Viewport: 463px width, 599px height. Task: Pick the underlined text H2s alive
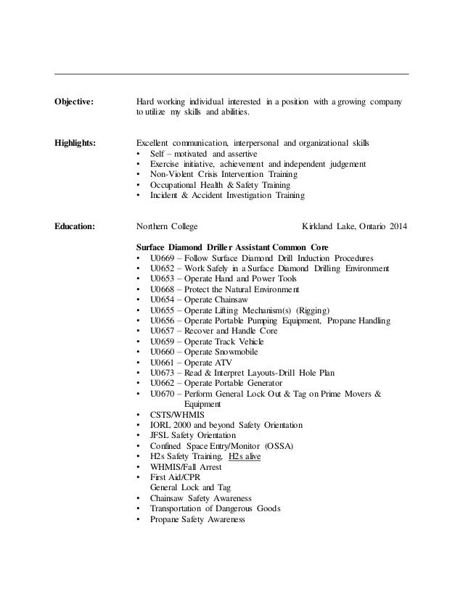click(245, 457)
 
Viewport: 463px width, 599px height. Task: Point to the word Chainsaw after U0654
click(236, 299)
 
